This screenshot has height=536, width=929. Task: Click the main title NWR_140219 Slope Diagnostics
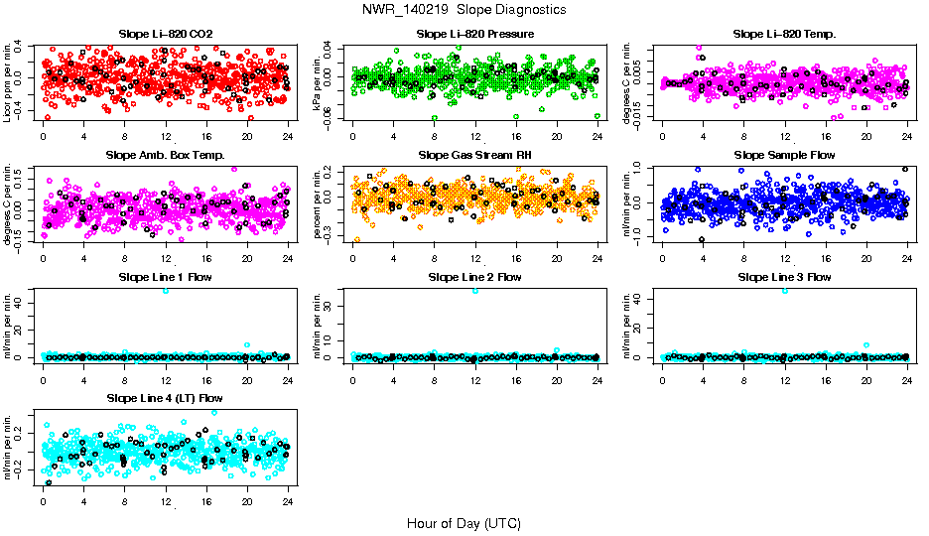point(464,9)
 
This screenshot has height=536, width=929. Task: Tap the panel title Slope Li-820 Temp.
point(784,34)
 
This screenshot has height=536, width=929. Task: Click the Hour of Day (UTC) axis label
point(464,522)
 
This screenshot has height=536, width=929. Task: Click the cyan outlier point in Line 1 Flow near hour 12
point(166,290)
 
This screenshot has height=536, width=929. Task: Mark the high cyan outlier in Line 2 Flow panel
point(475,290)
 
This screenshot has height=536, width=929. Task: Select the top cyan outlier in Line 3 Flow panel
point(785,290)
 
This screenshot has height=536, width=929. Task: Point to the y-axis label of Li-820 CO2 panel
point(8,83)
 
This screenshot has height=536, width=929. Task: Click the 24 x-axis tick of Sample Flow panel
point(907,258)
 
